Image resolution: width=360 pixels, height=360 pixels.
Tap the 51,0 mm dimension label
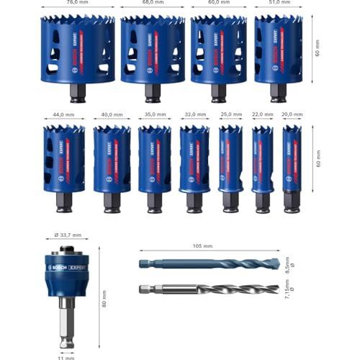[x=278, y=3]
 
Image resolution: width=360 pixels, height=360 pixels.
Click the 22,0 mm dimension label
[x=262, y=113]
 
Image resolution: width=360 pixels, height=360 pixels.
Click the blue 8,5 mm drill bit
[x=209, y=264]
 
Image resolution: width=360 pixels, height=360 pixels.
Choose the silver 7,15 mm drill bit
[x=209, y=289]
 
